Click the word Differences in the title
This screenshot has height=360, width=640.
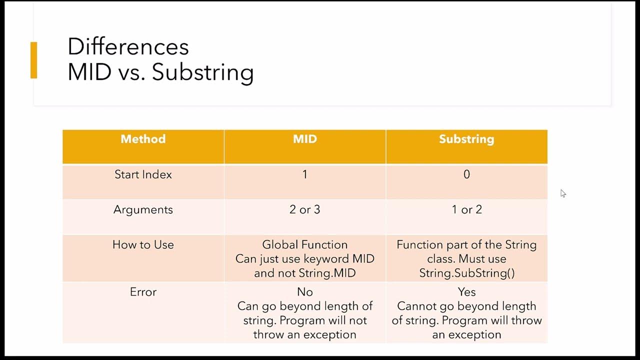[x=128, y=47]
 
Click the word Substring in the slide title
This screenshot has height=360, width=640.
[x=202, y=72]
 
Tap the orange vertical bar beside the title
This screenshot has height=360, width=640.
[x=33, y=60]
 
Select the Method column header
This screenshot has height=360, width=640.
[x=143, y=139]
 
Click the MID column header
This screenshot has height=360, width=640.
[x=304, y=139]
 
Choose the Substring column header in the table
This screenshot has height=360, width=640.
[x=466, y=139]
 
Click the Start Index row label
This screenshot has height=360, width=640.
[x=143, y=174]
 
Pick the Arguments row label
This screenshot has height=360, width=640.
[x=143, y=209]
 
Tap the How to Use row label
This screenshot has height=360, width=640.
[x=143, y=244]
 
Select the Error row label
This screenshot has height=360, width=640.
[x=143, y=292]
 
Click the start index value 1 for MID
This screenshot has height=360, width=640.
[x=304, y=174]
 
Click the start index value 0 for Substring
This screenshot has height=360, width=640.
[x=466, y=174]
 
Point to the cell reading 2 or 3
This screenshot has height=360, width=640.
[x=304, y=209]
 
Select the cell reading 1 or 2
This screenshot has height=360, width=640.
[x=466, y=209]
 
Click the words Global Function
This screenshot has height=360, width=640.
[x=304, y=244]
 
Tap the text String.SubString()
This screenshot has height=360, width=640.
[x=466, y=273]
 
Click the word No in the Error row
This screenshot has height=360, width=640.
[x=304, y=292]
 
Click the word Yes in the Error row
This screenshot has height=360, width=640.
[x=466, y=292]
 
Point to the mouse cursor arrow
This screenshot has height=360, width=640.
[x=562, y=193]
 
